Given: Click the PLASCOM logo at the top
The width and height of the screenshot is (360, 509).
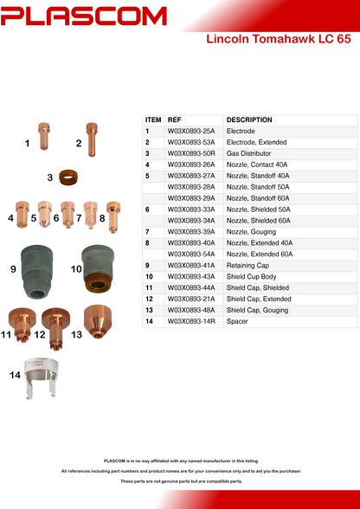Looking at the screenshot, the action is (x=83, y=16).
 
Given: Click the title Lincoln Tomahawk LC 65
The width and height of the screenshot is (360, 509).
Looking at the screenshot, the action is (x=279, y=39).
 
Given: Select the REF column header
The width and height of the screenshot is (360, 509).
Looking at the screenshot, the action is (x=174, y=119).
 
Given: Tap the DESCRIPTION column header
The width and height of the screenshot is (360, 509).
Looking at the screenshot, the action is (x=249, y=119).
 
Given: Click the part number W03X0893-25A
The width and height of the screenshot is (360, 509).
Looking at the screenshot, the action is (x=191, y=132).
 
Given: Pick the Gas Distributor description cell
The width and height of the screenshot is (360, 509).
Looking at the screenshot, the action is (x=248, y=153).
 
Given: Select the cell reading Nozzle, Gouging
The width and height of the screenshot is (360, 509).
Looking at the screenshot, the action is (x=251, y=232).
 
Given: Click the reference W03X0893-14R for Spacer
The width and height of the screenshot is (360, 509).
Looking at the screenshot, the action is (x=191, y=321).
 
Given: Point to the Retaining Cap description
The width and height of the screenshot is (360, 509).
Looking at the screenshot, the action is (x=247, y=266).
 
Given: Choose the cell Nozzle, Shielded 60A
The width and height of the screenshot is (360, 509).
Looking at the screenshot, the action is (x=259, y=221).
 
